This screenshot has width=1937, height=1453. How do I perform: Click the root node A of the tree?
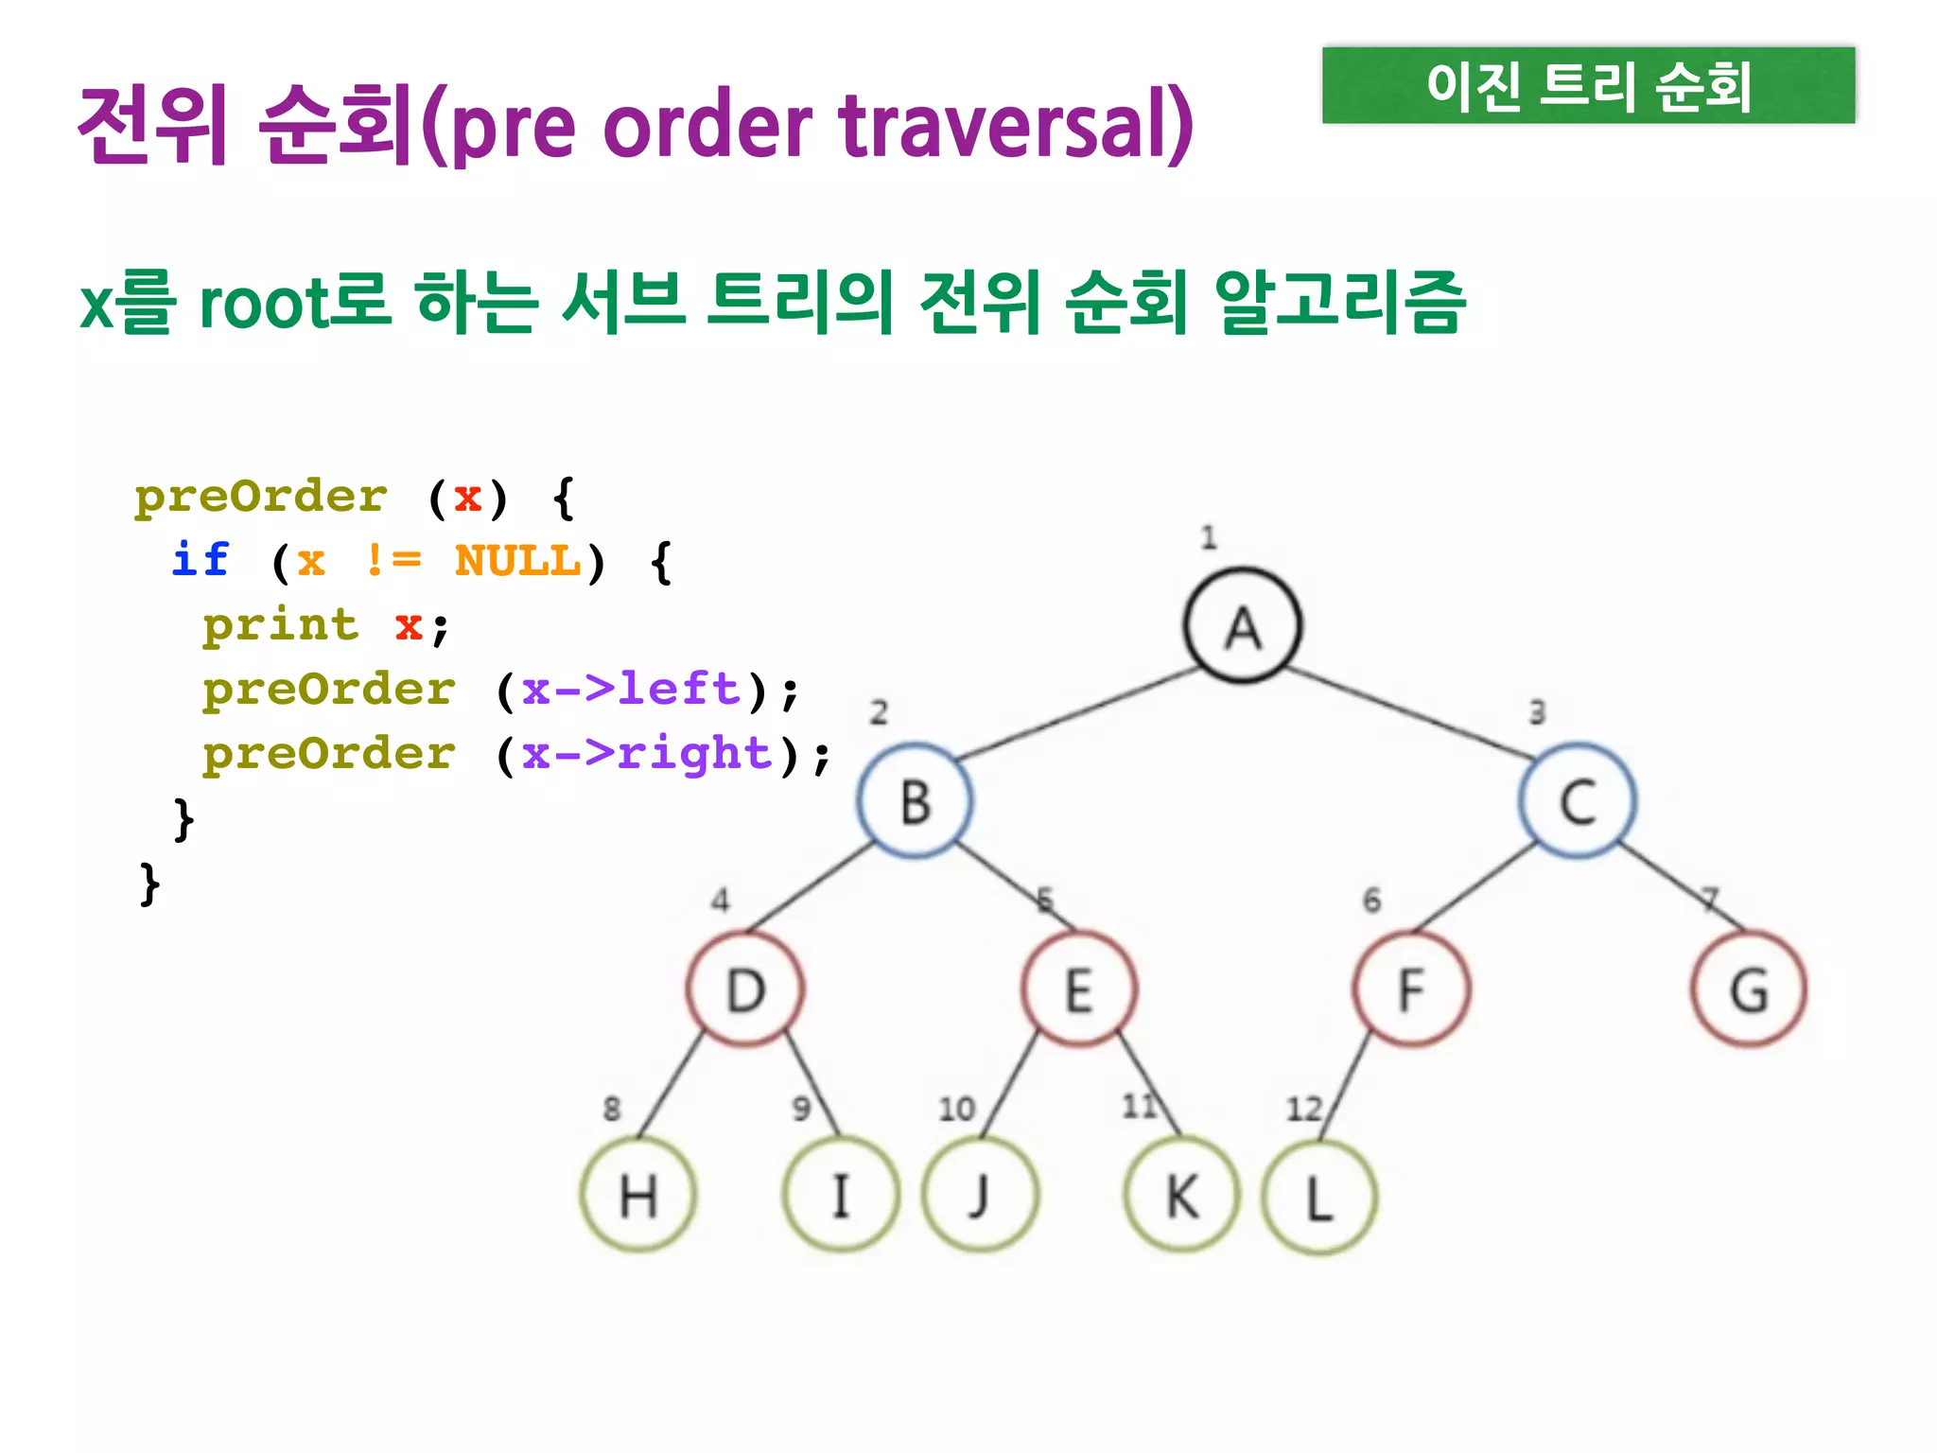(x=1243, y=626)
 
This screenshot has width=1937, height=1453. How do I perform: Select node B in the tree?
(x=915, y=801)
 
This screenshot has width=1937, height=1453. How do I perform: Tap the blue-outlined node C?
(x=1578, y=801)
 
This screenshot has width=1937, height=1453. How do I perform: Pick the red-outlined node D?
(x=745, y=989)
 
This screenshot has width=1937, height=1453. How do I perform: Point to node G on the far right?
(x=1749, y=989)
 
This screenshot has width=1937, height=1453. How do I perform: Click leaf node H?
(x=638, y=1197)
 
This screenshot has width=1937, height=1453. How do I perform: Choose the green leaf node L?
(x=1319, y=1199)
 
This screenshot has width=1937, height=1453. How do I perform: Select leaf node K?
(x=1181, y=1197)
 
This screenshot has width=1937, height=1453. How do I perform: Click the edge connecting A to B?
(x=1078, y=714)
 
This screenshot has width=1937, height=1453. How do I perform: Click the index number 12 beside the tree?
(x=1303, y=1108)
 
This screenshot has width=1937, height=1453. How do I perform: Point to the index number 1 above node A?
(x=1209, y=537)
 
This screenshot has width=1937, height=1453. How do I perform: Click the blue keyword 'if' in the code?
(x=201, y=559)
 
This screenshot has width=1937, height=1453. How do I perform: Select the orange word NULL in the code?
(x=517, y=561)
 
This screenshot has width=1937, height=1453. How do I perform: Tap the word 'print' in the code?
(x=281, y=625)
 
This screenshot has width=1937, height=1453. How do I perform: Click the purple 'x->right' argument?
(x=648, y=754)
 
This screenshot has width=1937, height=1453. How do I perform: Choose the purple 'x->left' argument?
(x=631, y=689)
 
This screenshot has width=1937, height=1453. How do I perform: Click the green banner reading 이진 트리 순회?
(x=1588, y=86)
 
